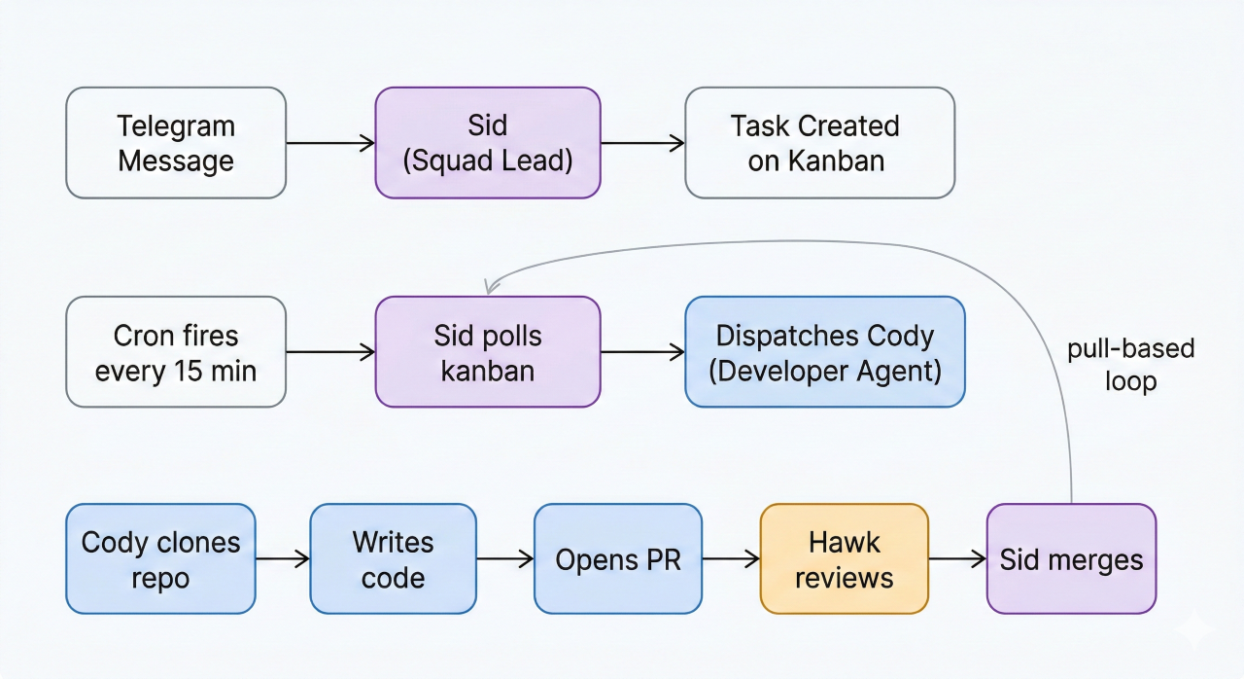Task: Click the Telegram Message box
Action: pyautogui.click(x=176, y=143)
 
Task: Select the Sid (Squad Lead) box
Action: pyautogui.click(x=488, y=143)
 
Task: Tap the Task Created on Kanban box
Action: pyautogui.click(x=819, y=143)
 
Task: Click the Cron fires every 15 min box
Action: pyautogui.click(x=176, y=352)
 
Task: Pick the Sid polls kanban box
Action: pyautogui.click(x=488, y=352)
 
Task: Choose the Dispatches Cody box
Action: pyautogui.click(x=824, y=352)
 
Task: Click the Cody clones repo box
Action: pyautogui.click(x=161, y=558)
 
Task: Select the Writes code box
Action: pyautogui.click(x=393, y=558)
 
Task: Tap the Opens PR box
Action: pyautogui.click(x=617, y=558)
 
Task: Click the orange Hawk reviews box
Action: pyautogui.click(x=844, y=558)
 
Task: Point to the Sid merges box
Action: pyautogui.click(x=1071, y=558)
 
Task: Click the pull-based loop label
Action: pyautogui.click(x=1130, y=365)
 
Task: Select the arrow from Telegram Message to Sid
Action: pyautogui.click(x=330, y=143)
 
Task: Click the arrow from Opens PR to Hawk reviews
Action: pyautogui.click(x=730, y=558)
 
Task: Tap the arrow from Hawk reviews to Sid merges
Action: pyautogui.click(x=957, y=558)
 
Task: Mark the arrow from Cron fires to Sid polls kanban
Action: pyautogui.click(x=330, y=352)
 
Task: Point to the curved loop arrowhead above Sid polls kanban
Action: pyautogui.click(x=491, y=286)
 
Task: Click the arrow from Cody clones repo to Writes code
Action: pyautogui.click(x=283, y=558)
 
